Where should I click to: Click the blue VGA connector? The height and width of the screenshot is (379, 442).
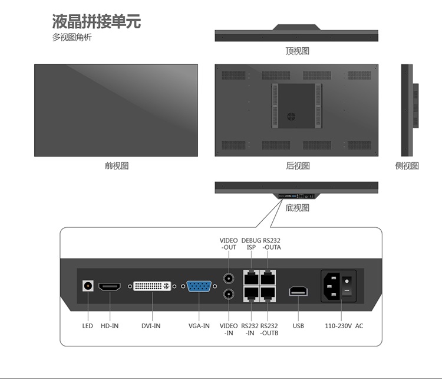(199, 286)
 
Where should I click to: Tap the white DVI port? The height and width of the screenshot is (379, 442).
(152, 286)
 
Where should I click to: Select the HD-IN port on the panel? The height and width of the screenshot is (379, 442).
(110, 287)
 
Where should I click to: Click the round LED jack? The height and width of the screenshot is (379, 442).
(88, 286)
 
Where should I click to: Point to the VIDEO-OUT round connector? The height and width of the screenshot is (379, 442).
(229, 279)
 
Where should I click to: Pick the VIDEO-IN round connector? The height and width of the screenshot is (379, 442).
(229, 294)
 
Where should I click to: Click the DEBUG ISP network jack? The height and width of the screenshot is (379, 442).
(252, 277)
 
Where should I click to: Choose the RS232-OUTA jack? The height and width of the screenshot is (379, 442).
(268, 277)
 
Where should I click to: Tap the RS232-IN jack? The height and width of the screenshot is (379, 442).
(252, 294)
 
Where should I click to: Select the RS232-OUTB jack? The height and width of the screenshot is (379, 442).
(268, 294)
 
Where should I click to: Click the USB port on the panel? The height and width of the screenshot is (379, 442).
(298, 291)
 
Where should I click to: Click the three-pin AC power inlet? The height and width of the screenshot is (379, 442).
(331, 286)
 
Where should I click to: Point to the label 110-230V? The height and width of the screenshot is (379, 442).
(338, 326)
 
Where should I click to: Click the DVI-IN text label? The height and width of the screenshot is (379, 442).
(151, 326)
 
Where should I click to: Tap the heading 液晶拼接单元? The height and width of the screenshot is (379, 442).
(97, 21)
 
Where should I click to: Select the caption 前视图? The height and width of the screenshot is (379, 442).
(117, 165)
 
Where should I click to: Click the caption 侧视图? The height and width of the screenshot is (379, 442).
(407, 165)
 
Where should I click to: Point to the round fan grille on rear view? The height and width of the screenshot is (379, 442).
(291, 116)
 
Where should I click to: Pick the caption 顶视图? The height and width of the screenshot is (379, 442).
(298, 51)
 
